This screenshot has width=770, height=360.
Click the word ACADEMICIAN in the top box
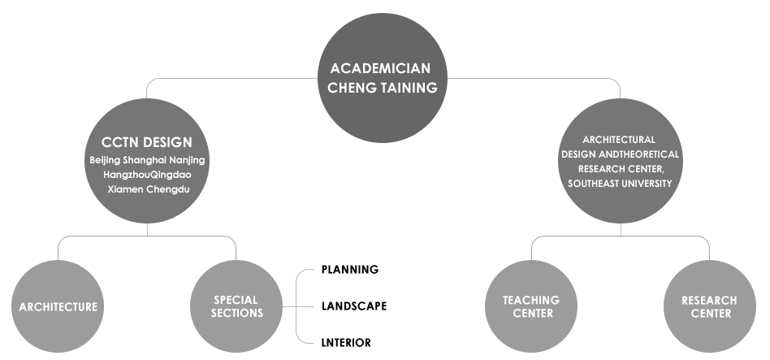381,68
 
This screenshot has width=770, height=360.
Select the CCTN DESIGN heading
147,142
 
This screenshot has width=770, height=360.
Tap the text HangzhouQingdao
147,174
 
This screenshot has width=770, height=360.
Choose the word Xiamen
125,189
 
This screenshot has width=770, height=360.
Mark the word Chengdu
167,189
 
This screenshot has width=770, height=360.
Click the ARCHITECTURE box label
58,307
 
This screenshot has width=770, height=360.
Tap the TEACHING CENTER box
531,306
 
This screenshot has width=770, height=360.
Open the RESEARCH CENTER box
709,306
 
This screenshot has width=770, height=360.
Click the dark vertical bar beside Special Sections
304,306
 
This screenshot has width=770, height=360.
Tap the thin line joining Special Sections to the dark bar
288,306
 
